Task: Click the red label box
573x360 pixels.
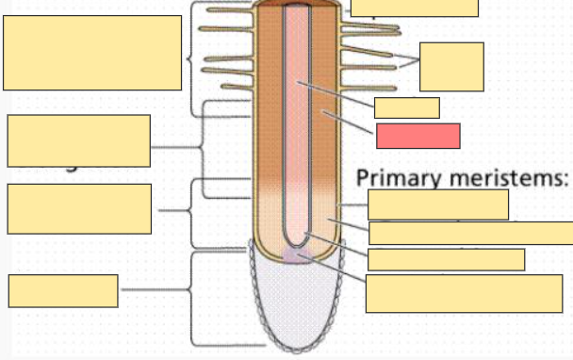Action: [417, 136]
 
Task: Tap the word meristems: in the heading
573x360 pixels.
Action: [513, 177]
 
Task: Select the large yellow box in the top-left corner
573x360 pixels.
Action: [92, 53]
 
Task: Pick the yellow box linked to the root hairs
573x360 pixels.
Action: [451, 66]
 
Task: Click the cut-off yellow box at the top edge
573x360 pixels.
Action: [415, 8]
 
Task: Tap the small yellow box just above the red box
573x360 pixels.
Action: [406, 107]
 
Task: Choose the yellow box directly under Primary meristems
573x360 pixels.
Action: [437, 205]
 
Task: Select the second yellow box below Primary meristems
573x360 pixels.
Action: [469, 233]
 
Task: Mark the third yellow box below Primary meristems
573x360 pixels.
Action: [446, 259]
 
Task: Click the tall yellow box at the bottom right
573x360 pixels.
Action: [464, 292]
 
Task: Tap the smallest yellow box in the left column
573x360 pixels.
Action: [63, 290]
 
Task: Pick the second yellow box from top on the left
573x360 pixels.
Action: [78, 140]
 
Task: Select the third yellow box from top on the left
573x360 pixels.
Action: [78, 208]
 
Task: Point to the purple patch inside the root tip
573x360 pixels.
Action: [298, 257]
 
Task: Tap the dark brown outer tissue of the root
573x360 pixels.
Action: [269, 94]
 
